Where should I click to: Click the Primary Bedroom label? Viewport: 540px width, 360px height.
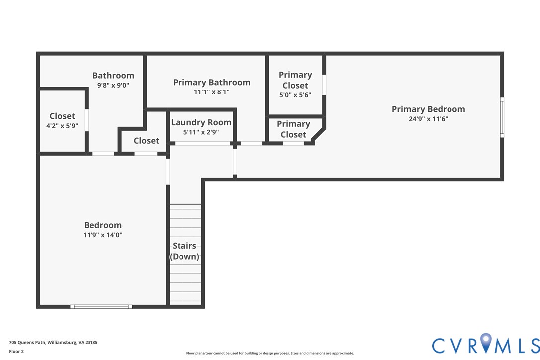(x=429, y=109)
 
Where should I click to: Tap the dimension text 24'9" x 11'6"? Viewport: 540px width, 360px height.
(x=429, y=119)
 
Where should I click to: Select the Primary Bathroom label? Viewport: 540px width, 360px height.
(x=211, y=83)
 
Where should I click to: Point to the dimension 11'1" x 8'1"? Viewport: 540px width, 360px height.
(x=211, y=92)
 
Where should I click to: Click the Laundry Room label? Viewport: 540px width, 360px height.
(x=201, y=122)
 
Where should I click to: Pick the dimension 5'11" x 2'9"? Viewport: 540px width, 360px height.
(x=201, y=132)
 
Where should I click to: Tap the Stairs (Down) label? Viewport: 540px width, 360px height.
(x=184, y=251)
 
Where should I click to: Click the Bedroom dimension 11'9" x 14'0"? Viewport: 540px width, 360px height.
(x=103, y=235)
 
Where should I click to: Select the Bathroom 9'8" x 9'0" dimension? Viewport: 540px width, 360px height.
(x=113, y=85)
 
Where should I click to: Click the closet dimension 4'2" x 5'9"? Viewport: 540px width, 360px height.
(x=62, y=126)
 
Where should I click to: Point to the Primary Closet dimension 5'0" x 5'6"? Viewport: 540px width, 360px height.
(x=295, y=95)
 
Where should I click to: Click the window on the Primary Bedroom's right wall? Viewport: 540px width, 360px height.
(x=502, y=117)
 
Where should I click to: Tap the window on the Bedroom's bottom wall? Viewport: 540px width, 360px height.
(x=101, y=307)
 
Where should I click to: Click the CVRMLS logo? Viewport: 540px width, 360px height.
(x=486, y=344)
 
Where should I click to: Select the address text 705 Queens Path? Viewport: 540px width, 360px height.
(x=27, y=343)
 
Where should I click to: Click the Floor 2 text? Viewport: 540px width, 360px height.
(x=16, y=352)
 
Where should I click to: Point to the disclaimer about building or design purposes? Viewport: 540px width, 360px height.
(x=270, y=353)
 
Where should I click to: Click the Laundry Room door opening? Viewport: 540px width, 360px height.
(x=202, y=143)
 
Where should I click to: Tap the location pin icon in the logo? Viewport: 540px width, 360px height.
(x=486, y=343)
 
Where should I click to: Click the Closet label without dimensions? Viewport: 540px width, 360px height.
(x=146, y=141)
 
